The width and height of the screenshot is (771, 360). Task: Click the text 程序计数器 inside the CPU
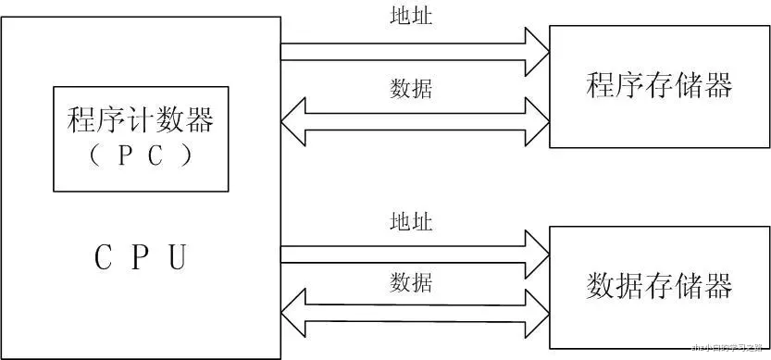[x=141, y=120]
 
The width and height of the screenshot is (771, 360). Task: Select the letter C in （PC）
[x=155, y=155]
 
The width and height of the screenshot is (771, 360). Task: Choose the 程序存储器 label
[x=659, y=86]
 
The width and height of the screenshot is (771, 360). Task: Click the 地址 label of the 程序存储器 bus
[x=411, y=16]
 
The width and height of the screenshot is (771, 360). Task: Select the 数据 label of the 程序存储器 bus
[x=411, y=89]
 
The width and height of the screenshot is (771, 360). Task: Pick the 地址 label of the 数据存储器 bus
[x=411, y=222]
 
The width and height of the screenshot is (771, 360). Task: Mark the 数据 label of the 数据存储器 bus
[x=411, y=280]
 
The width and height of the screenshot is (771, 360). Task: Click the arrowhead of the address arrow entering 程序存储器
[x=536, y=51]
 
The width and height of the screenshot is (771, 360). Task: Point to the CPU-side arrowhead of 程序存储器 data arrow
[x=293, y=123]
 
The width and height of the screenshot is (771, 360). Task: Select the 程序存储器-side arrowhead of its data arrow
[x=536, y=123]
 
